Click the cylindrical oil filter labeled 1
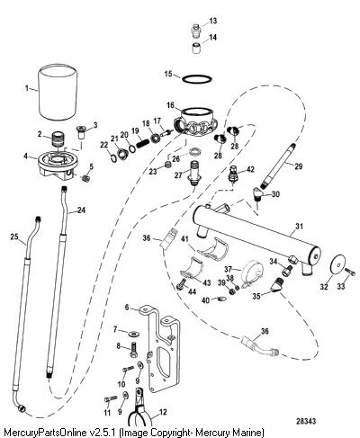pos(58,94)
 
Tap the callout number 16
pos(170,105)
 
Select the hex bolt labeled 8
pos(133,349)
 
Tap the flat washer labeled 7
pos(132,333)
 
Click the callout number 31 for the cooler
pos(299,227)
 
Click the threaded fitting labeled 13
pos(196,30)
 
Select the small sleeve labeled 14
pos(196,49)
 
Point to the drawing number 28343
pos(306,421)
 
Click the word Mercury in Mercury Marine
pos(212,433)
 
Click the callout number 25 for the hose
pos(14,237)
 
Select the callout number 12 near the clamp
pos(163,413)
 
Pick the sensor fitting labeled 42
pos(233,174)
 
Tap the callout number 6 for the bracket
pos(127,307)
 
